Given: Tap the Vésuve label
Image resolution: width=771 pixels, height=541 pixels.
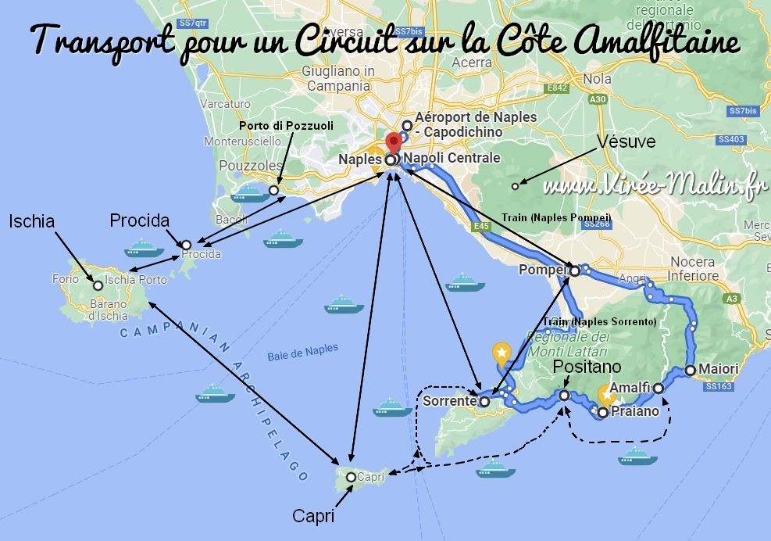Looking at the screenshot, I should (x=626, y=142).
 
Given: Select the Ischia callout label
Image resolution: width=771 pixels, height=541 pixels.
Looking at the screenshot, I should (x=32, y=222).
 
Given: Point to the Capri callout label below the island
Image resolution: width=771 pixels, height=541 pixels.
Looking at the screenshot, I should (x=313, y=517).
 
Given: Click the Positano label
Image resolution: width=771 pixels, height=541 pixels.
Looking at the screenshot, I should (x=587, y=367).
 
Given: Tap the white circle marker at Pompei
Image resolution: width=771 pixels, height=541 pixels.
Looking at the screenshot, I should (x=575, y=271).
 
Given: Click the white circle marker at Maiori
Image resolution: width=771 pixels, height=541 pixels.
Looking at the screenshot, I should (x=691, y=370).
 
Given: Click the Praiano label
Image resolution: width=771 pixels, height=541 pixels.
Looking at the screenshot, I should (x=633, y=410).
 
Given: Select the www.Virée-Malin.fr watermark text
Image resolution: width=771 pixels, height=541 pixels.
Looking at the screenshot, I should (x=652, y=187).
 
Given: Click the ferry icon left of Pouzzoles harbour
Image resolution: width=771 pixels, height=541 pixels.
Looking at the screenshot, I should (x=248, y=192).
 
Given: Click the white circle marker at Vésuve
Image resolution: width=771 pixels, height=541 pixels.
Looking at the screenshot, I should (x=515, y=185).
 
